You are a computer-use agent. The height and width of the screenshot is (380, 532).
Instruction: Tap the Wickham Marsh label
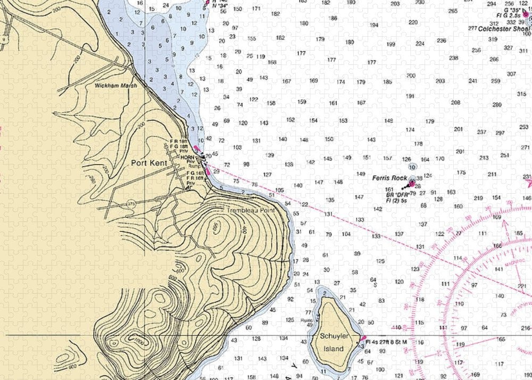coord(115,85)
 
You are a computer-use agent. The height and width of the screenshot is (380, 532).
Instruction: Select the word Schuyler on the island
coord(334,336)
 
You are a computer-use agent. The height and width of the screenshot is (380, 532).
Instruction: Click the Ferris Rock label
coord(389,178)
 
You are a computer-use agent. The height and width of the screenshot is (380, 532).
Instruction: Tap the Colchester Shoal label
coord(500,29)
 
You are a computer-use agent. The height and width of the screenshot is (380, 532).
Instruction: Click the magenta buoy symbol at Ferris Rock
coord(411,184)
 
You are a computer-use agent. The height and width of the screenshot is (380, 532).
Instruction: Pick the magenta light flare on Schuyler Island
coord(363,338)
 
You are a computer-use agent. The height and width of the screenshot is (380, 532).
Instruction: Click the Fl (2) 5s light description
coord(396,200)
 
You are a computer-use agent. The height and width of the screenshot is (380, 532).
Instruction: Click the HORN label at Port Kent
coord(187,157)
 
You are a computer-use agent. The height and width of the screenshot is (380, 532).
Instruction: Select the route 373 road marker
coord(131,204)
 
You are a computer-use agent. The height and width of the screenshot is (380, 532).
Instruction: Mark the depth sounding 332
coord(511,22)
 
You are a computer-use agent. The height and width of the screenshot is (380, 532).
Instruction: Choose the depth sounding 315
coord(521,94)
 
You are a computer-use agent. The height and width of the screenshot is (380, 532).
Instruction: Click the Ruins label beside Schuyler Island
coord(305,320)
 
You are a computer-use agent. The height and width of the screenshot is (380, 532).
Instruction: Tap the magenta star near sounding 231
coord(529,183)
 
